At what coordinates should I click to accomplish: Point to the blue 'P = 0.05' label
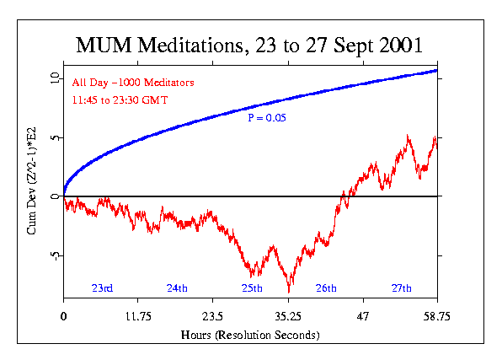(266, 118)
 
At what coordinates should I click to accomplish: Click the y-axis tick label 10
(53, 78)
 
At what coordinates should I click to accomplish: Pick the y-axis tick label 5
(53, 137)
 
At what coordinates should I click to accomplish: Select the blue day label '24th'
(177, 288)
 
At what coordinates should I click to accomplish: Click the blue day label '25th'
(252, 288)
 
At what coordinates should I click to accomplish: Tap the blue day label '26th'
(326, 288)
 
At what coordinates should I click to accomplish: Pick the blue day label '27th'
(402, 288)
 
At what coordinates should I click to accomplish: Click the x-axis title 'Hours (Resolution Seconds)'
(249, 336)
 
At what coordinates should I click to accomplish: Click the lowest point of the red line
(290, 292)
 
